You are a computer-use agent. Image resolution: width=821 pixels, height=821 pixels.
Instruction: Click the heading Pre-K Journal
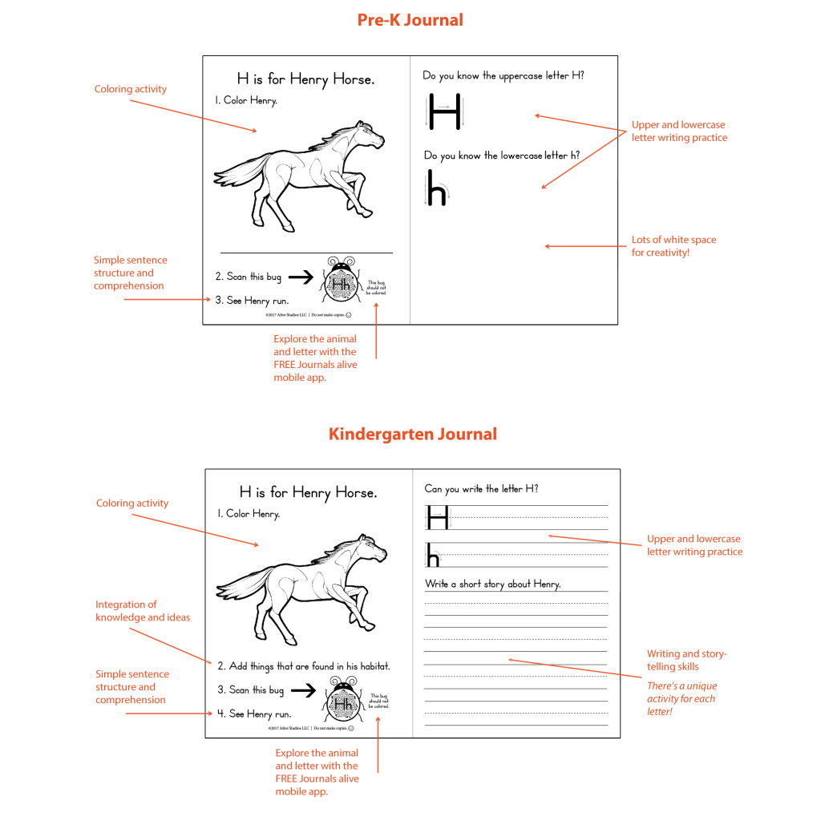410,20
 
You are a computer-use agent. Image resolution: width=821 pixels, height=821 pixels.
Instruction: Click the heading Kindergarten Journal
412,434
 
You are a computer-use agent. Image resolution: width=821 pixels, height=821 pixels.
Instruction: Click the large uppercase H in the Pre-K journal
445,112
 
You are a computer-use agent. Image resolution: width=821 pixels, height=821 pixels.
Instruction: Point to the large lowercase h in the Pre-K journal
436,188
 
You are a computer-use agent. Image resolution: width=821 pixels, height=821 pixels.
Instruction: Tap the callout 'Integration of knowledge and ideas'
143,611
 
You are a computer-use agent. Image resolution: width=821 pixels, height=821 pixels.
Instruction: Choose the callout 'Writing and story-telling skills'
687,660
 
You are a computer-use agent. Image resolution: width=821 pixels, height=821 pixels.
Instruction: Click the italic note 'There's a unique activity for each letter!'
681,698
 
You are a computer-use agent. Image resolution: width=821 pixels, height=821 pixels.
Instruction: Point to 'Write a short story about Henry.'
492,584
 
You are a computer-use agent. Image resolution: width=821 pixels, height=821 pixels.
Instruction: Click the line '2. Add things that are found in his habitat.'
304,666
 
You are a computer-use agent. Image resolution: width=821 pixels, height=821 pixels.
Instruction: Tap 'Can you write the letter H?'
481,488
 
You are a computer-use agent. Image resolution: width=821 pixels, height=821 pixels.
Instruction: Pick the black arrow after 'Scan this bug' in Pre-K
301,277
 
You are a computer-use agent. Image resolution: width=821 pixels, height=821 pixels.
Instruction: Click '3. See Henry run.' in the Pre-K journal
252,301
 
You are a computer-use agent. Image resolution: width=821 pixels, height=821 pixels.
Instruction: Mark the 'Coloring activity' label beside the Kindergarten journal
132,504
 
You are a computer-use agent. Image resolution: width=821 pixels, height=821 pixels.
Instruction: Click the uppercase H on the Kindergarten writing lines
438,517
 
